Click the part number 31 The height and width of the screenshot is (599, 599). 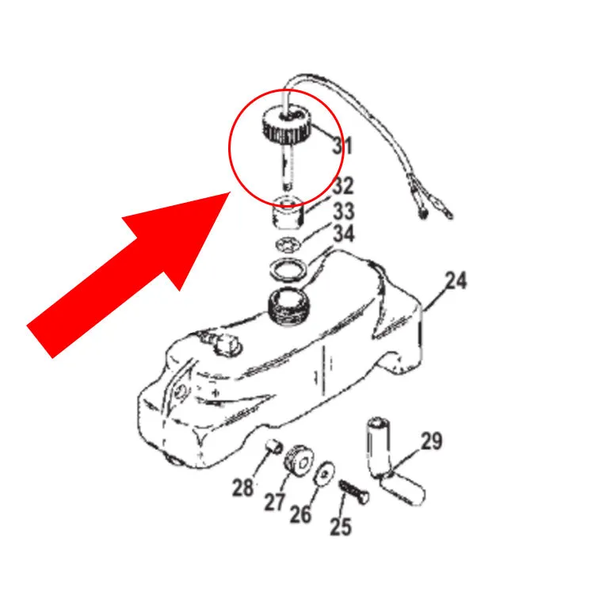click(342, 146)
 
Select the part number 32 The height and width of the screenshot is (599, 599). click(343, 185)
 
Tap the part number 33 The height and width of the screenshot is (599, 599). click(343, 211)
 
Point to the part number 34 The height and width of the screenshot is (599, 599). click(344, 234)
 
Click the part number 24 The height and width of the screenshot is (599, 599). click(456, 280)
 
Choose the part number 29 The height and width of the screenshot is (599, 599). click(432, 441)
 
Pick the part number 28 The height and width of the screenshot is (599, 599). click(242, 487)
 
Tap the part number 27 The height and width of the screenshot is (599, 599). click(275, 502)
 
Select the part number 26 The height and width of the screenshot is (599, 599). click(300, 513)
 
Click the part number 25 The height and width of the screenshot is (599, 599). click(341, 526)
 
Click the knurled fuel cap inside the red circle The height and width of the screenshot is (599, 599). click(286, 126)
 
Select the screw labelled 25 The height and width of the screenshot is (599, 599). click(353, 492)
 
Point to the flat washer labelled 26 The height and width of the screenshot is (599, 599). click(324, 475)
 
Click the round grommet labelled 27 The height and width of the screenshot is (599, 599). click(299, 460)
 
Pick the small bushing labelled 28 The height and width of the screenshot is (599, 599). click(273, 446)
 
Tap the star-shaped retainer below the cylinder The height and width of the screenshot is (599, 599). click(288, 246)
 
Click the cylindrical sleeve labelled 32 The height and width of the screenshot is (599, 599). click(288, 212)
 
